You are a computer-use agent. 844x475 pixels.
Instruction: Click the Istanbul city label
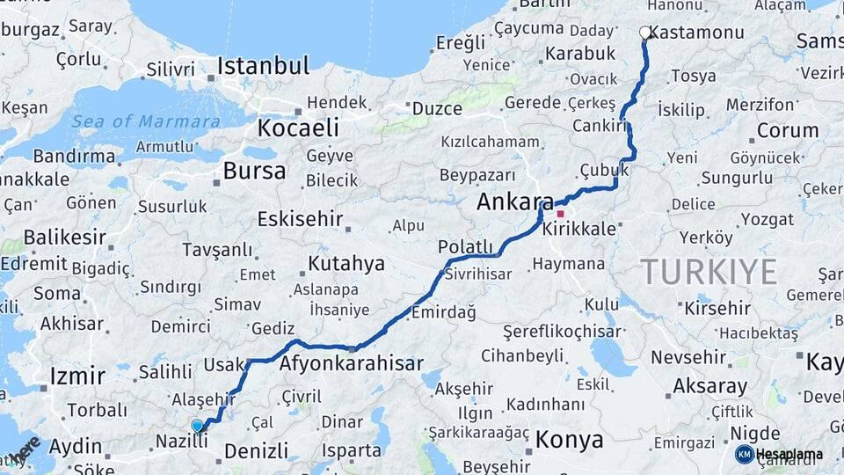pos(263,66)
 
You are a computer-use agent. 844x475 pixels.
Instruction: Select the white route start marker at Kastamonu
pos(645,33)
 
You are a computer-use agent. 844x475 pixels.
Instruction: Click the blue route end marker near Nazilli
pos(197,426)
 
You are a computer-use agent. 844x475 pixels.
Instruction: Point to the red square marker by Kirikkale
pos(560,214)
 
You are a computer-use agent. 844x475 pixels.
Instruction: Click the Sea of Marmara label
pos(146,122)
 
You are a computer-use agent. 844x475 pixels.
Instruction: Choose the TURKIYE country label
pos(709,272)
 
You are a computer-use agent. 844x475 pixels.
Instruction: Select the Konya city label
pos(569,439)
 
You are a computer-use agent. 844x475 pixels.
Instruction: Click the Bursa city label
pos(254,171)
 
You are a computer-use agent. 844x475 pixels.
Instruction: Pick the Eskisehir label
pos(300,219)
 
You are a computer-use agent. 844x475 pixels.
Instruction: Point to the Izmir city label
pos(78,376)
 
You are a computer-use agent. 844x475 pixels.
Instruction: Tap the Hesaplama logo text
pos(789,454)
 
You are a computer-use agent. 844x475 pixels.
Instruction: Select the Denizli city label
pos(256,451)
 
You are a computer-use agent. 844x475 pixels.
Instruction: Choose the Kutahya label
pos(346,263)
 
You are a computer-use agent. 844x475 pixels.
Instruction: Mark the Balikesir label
pos(64,237)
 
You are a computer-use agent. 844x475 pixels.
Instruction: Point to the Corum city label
pos(787,131)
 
